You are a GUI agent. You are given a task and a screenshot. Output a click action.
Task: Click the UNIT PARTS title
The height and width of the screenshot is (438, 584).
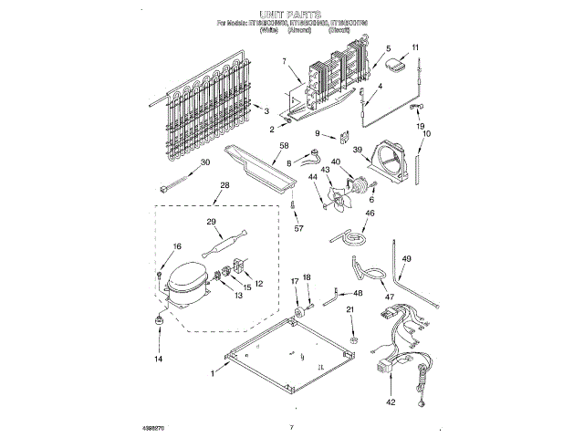(291, 16)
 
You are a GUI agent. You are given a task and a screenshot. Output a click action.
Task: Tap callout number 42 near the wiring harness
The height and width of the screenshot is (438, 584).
(391, 401)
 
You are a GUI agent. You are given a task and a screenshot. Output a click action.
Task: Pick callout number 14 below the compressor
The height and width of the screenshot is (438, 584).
(158, 360)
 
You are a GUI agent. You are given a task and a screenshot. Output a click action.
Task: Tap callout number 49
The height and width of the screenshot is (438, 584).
(407, 258)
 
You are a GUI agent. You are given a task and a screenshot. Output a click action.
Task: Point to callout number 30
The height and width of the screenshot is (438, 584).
(204, 162)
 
